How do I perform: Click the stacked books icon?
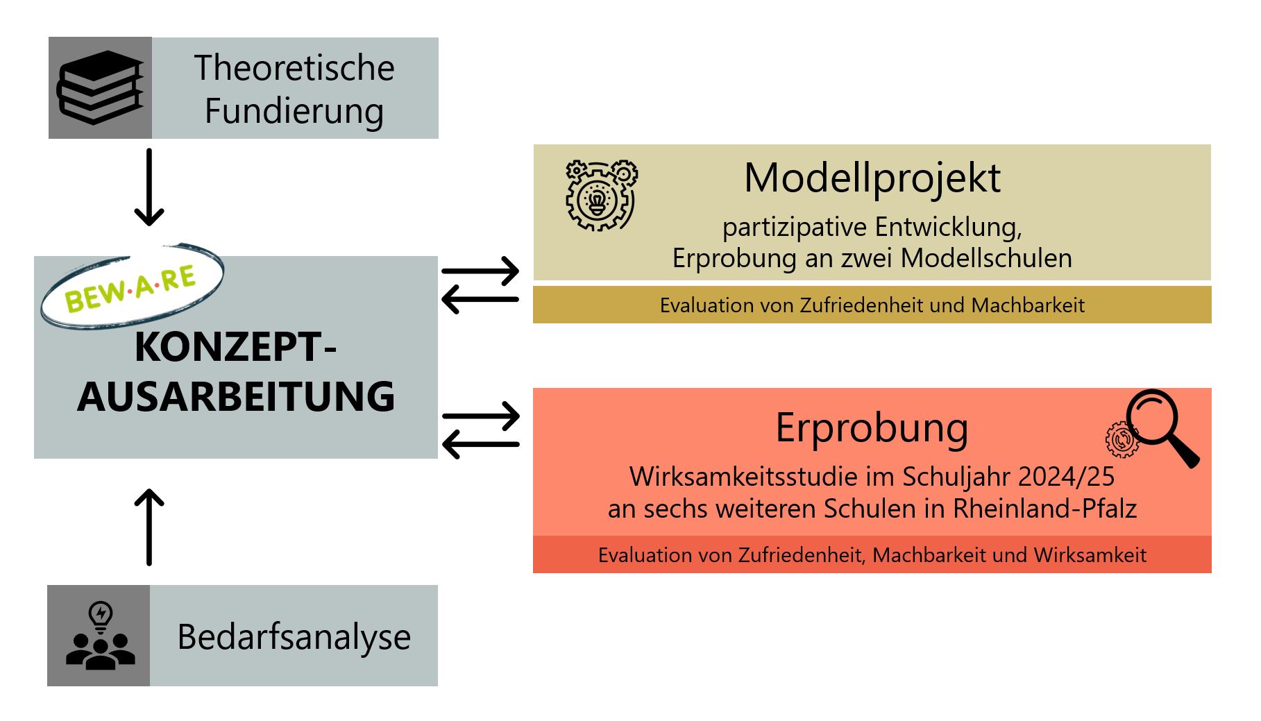[100, 87]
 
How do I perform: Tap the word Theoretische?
[294, 67]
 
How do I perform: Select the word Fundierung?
[294, 111]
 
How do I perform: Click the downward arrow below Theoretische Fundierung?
[149, 187]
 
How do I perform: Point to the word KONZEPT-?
[236, 347]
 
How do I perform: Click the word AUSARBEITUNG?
[236, 397]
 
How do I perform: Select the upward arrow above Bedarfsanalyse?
[149, 527]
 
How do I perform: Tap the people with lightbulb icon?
[101, 636]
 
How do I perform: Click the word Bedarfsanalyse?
[294, 637]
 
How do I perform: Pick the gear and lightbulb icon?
[601, 195]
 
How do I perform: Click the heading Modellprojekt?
[872, 179]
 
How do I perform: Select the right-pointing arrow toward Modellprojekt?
[480, 271]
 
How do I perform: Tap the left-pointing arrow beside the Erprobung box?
[480, 444]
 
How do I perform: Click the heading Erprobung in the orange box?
[872, 428]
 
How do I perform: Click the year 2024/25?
[1067, 477]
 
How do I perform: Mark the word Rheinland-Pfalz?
[1044, 509]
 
